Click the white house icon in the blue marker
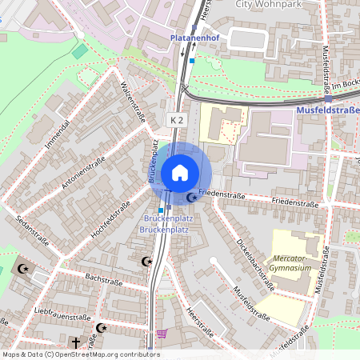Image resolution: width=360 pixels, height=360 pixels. pos(180,172)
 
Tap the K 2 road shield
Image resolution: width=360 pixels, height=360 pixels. pos(177,119)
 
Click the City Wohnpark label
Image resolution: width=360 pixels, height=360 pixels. pos(266,4)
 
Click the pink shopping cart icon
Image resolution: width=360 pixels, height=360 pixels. pos(162,334)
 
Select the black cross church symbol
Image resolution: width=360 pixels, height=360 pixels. pos(76,342)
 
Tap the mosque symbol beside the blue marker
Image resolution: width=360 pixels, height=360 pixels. pos(191,197)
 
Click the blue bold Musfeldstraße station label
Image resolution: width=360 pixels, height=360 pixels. pos(328,109)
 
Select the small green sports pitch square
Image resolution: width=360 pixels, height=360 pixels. pos(80,51)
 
